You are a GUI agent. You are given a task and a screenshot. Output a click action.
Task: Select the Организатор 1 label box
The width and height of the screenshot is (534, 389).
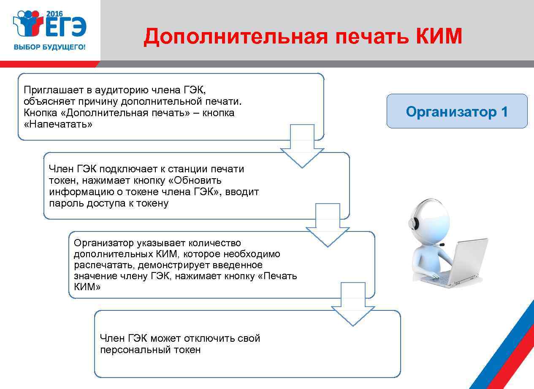tap(457, 112)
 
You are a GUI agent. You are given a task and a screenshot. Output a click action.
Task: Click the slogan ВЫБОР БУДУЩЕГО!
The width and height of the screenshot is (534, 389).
tap(49, 47)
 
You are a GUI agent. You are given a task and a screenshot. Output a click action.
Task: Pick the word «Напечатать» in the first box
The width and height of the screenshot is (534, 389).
tap(58, 125)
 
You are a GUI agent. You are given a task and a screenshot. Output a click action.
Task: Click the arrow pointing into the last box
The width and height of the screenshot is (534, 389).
tap(353, 305)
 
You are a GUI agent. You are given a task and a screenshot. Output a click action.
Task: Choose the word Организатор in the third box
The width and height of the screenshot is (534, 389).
tap(104, 243)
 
